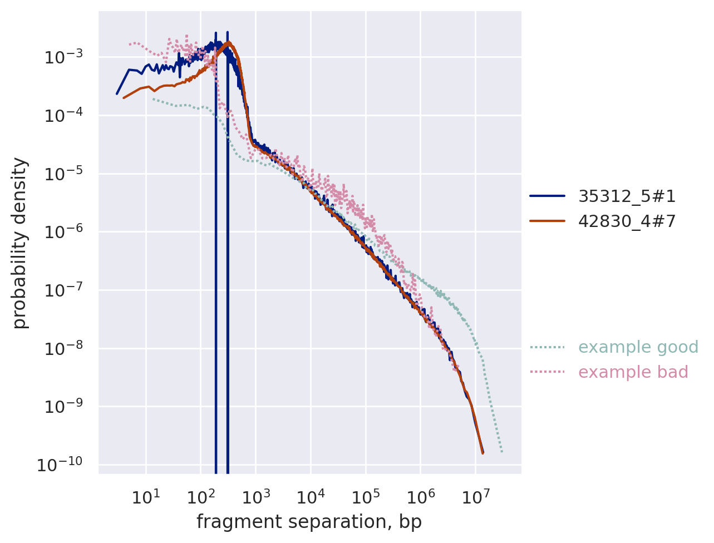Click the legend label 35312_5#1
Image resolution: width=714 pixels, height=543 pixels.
pyautogui.click(x=627, y=196)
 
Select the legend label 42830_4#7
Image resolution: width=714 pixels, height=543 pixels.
pyautogui.click(x=627, y=221)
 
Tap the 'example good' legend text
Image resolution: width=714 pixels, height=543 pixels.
pyautogui.click(x=638, y=347)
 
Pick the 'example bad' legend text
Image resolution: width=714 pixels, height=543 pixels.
pyautogui.click(x=633, y=372)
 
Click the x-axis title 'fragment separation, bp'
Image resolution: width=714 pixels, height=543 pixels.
pyautogui.click(x=309, y=522)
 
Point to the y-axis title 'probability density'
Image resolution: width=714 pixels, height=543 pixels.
pyautogui.click(x=20, y=243)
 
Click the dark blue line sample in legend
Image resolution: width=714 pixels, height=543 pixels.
pyautogui.click(x=547, y=196)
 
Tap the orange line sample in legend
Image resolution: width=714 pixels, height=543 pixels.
pyautogui.click(x=547, y=221)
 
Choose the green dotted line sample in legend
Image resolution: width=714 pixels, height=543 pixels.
pyautogui.click(x=547, y=347)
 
